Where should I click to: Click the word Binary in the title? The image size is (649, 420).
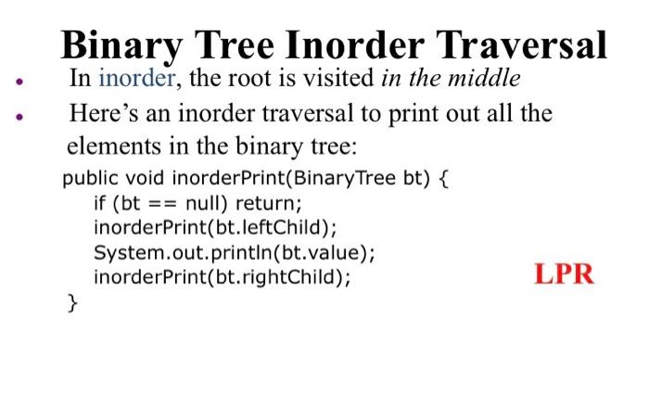click(x=121, y=46)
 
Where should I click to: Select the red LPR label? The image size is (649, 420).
click(x=564, y=274)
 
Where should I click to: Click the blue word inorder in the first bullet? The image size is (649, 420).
click(x=136, y=77)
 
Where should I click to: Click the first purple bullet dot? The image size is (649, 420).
click(x=19, y=82)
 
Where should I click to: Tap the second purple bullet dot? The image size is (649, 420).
click(x=19, y=117)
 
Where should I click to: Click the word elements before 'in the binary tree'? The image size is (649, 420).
click(x=114, y=146)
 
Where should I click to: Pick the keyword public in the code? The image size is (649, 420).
click(x=90, y=179)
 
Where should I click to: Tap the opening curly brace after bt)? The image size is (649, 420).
click(x=443, y=179)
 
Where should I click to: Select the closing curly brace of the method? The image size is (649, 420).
click(x=72, y=303)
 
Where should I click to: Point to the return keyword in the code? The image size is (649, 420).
click(x=269, y=204)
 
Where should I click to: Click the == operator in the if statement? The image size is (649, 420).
click(x=162, y=204)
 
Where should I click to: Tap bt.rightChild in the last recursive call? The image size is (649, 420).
click(x=275, y=277)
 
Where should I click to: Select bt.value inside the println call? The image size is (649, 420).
click(x=321, y=252)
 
